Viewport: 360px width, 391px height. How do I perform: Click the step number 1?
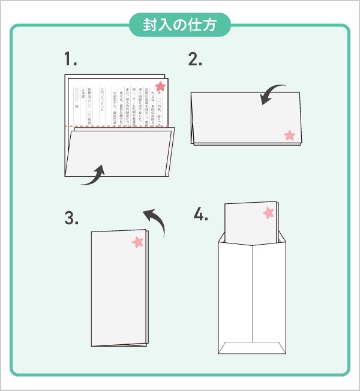(71, 59)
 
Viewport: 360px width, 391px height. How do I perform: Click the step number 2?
(195, 59)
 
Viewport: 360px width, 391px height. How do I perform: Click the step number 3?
(71, 218)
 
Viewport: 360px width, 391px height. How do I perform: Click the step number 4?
(200, 214)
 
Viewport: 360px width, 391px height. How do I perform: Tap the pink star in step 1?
(160, 86)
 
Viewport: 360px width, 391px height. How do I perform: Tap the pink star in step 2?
(290, 135)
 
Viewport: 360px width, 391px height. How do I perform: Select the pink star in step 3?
(139, 242)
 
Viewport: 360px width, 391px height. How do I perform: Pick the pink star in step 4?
(268, 212)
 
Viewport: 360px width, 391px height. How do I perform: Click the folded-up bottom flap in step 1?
(120, 153)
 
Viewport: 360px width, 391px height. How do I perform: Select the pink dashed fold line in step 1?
(120, 127)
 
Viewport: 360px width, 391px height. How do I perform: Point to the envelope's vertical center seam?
(252, 294)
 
